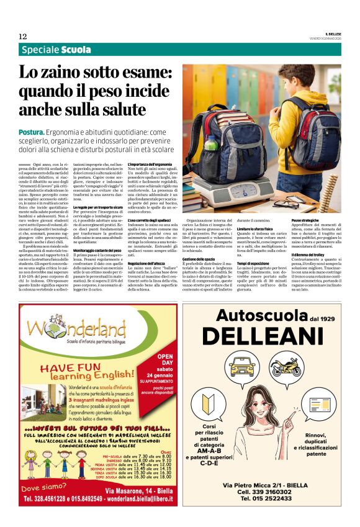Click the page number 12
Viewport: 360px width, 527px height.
point(22,36)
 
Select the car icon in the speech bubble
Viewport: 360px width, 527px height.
point(243,366)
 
